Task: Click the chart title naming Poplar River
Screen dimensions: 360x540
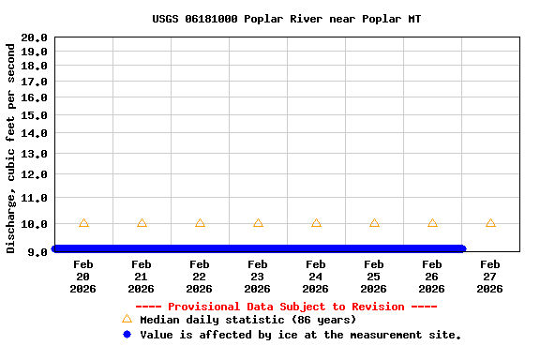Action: coord(286,19)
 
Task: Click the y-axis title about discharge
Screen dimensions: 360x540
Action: coord(11,147)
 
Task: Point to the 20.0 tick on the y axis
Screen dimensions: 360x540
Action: coord(34,37)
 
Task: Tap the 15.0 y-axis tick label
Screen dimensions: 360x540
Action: coord(34,114)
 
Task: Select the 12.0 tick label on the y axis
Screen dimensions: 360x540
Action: coord(34,174)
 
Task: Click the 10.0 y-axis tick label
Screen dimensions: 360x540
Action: coord(34,224)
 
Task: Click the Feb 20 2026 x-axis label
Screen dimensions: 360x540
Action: coord(83,277)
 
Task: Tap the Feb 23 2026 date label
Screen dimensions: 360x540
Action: coord(258,277)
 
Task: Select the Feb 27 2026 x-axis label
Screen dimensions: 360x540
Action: coord(490,277)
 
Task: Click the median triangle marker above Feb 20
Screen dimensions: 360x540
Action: coord(83,223)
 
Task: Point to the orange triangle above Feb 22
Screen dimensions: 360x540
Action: coord(200,223)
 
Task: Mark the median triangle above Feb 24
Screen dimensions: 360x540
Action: coord(316,223)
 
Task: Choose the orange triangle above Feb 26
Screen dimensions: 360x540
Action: coord(432,223)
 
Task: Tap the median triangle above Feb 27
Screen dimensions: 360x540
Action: coord(490,223)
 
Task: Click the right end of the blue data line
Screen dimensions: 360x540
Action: coord(461,248)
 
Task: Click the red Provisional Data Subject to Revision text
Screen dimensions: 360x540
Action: coord(286,307)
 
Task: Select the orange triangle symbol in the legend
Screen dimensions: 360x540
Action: coord(127,320)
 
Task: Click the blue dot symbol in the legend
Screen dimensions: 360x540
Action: coord(127,334)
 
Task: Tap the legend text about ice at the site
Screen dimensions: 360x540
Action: coord(300,334)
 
